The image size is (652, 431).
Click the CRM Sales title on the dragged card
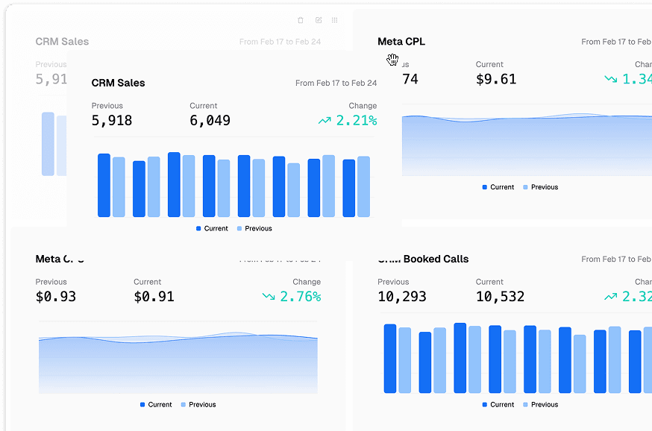[x=118, y=83]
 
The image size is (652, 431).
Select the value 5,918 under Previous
[x=112, y=120]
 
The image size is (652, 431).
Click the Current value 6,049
[x=210, y=120]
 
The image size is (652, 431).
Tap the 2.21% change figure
[x=356, y=120]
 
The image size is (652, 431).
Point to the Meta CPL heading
[x=401, y=42]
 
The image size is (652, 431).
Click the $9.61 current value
[x=496, y=79]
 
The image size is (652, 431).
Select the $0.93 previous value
[x=56, y=297]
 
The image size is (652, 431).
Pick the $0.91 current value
[x=154, y=297]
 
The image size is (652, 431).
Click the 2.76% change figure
[x=300, y=297]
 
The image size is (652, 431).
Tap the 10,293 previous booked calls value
[x=402, y=297]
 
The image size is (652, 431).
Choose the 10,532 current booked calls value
[x=500, y=297]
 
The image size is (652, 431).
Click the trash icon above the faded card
[x=301, y=20]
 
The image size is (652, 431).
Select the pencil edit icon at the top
[x=319, y=20]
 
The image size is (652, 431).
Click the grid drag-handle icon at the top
[x=334, y=20]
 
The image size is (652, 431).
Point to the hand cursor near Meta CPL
[x=392, y=60]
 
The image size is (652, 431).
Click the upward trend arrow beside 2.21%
[x=324, y=120]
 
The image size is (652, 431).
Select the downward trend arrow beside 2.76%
[x=269, y=297]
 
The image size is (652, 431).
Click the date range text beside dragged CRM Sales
[x=336, y=84]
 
